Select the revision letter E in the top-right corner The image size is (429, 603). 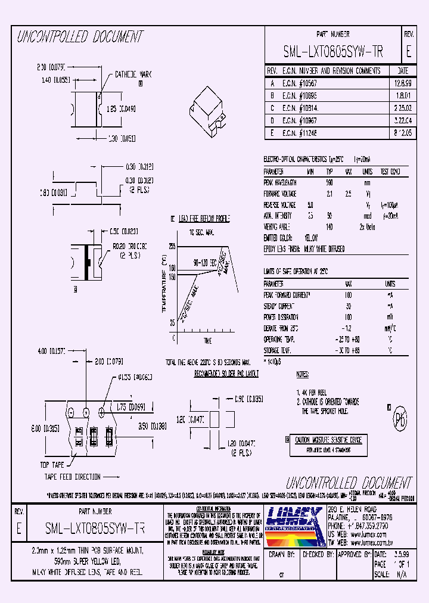pyautogui.click(x=408, y=52)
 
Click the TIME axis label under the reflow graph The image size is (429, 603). pyautogui.click(x=207, y=340)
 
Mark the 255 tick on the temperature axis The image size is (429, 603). pyautogui.click(x=172, y=246)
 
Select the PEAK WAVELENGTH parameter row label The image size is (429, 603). pyautogui.click(x=280, y=183)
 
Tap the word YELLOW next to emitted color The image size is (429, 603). pyautogui.click(x=310, y=238)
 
